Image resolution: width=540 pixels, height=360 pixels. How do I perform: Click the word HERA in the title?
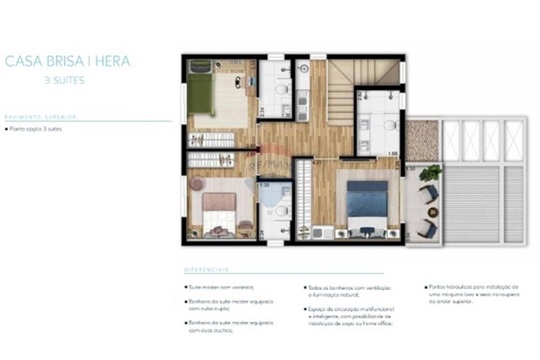coord(113,61)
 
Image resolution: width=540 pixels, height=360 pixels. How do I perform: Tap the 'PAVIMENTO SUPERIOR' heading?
coord(42,117)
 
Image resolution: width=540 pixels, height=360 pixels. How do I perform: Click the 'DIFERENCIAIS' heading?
coord(207,269)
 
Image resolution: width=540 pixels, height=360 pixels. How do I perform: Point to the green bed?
coord(200,93)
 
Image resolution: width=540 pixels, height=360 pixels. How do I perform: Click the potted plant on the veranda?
coord(430,173)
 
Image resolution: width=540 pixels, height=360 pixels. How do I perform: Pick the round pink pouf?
coord(197,184)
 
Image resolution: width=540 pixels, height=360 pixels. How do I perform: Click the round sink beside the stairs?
coord(303,69)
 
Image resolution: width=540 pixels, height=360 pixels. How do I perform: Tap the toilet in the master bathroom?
coord(389,126)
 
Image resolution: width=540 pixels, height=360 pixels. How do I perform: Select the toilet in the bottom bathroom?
coord(281,211)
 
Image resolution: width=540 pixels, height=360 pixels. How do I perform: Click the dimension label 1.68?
coord(393,153)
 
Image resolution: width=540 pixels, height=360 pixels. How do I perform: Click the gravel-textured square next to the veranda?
coord(422,140)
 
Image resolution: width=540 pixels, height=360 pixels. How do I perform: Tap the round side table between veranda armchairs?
coord(433,212)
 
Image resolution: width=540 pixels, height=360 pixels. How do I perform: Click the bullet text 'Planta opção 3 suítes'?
coord(36,130)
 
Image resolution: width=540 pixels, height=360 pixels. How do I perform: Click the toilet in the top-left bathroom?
coord(281,90)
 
